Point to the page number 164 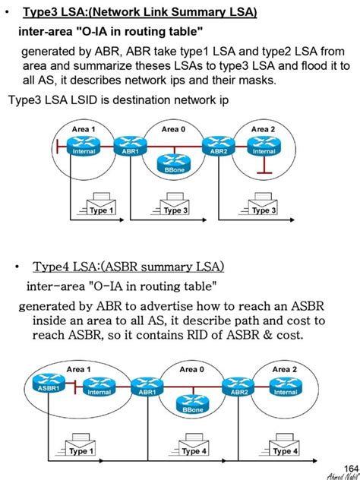(349, 466)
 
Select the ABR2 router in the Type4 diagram (238, 386)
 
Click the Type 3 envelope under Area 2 (264, 207)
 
